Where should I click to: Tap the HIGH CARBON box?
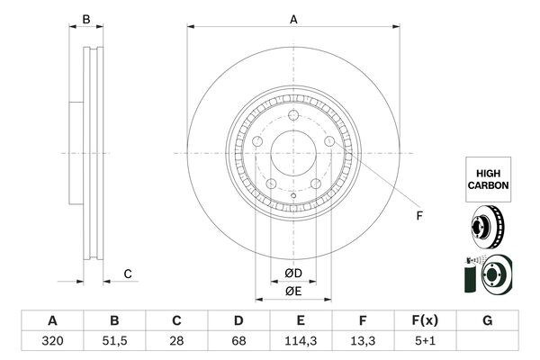(487, 176)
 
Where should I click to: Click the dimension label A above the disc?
(293, 18)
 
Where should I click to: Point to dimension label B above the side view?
(86, 19)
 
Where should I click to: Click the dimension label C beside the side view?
(128, 274)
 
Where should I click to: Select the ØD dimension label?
(292, 273)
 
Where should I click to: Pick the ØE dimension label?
(292, 290)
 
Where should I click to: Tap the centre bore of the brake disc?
(292, 153)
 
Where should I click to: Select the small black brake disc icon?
(486, 226)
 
